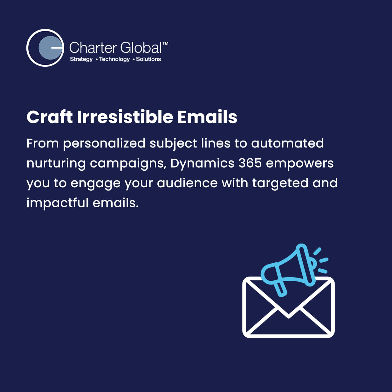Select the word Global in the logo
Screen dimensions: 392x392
(141, 48)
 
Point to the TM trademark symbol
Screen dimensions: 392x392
(165, 43)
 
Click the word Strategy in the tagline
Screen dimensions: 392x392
(81, 59)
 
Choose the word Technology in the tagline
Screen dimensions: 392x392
(114, 59)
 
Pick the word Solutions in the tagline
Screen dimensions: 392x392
(148, 59)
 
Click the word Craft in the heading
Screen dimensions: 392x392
(50, 117)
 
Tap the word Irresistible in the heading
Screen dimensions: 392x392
(125, 117)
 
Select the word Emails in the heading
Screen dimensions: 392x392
(207, 117)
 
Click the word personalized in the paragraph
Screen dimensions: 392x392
(104, 144)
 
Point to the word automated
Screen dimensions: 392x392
(287, 143)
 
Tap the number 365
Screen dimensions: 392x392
(250, 163)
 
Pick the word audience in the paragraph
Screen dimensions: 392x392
(187, 183)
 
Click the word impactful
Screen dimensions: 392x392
(58, 203)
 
